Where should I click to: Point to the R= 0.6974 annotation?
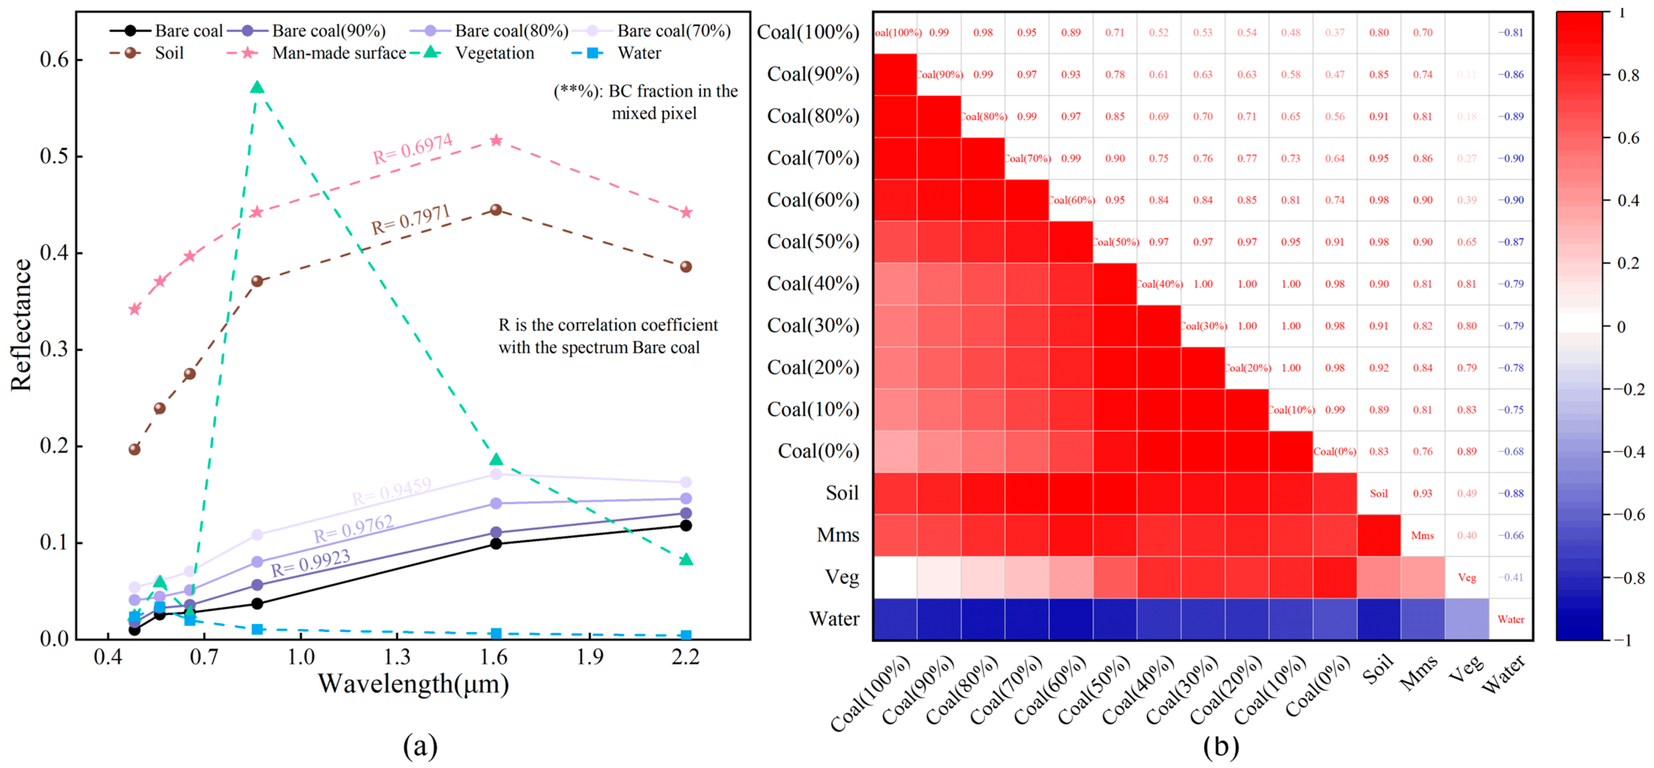pyautogui.click(x=413, y=149)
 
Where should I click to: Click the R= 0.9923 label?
pyautogui.click(x=311, y=563)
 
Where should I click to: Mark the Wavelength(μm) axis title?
pyautogui.click(x=413, y=684)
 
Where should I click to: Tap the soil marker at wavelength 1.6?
pyautogui.click(x=496, y=210)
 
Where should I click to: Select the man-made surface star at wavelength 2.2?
pyautogui.click(x=686, y=213)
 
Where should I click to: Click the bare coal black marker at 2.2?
pyautogui.click(x=686, y=525)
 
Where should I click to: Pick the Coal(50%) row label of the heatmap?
pyautogui.click(x=813, y=241)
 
